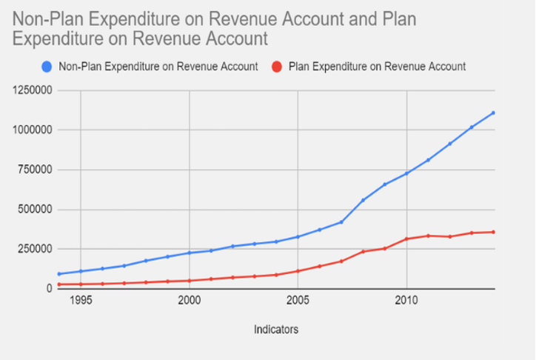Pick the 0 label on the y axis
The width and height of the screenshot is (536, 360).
coord(48,288)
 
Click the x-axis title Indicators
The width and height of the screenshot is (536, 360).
coord(276,330)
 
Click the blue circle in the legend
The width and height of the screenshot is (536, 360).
coord(47,67)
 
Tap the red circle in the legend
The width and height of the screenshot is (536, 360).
coord(278,67)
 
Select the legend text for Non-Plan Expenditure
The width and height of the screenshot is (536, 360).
coord(158,67)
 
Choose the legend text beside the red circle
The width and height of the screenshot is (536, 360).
coord(377,67)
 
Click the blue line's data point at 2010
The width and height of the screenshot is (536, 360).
coord(406,173)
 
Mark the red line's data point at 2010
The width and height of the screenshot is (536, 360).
coord(406,239)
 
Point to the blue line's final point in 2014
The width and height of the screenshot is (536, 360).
coord(493,113)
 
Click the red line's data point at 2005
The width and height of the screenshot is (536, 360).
coord(298,271)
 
